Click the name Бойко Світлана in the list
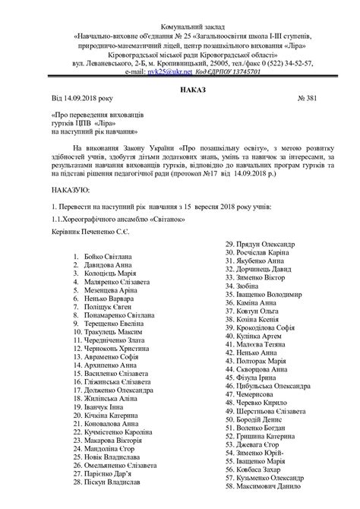point(106,258)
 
